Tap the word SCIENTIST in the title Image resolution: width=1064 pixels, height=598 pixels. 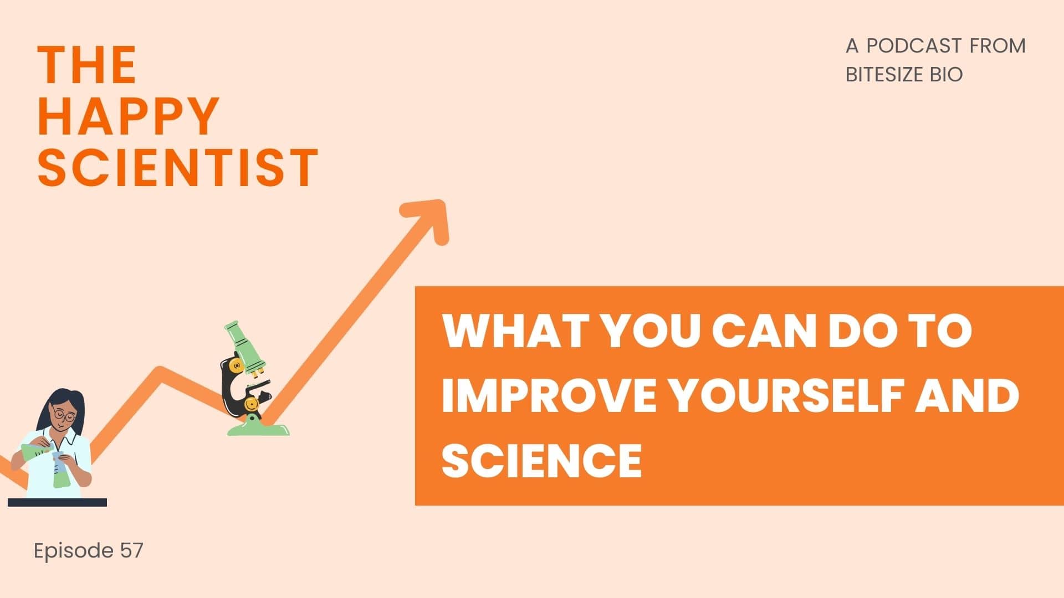pyautogui.click(x=178, y=167)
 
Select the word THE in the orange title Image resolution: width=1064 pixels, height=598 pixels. pyautogui.click(x=87, y=65)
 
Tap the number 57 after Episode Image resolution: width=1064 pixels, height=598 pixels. pyautogui.click(x=131, y=550)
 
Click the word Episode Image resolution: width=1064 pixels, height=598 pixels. pyautogui.click(x=74, y=551)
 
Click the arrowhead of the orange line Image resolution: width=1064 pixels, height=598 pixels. pyautogui.click(x=429, y=219)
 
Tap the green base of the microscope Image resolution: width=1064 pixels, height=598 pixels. pyautogui.click(x=258, y=428)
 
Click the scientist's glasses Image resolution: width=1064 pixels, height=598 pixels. pyautogui.click(x=64, y=415)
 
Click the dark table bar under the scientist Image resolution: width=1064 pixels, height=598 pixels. pyautogui.click(x=57, y=502)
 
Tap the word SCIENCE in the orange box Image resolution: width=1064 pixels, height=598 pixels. pyautogui.click(x=541, y=460)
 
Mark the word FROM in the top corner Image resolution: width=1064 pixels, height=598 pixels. pyautogui.click(x=997, y=45)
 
